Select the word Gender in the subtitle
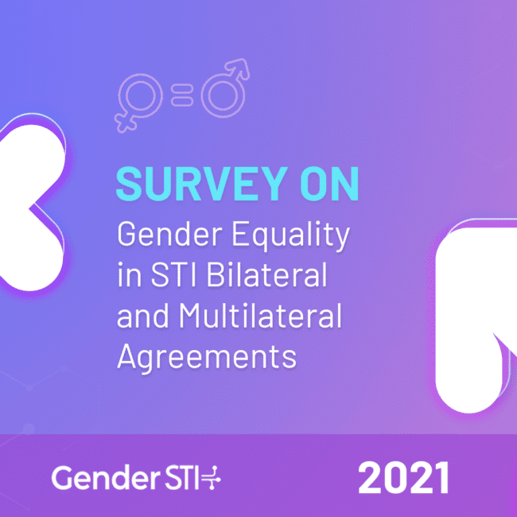click(x=169, y=234)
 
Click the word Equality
click(x=291, y=235)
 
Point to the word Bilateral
click(x=266, y=274)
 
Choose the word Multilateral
click(x=260, y=316)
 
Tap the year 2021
click(x=403, y=478)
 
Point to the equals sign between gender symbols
click(x=181, y=95)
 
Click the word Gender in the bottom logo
click(x=101, y=478)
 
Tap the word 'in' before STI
click(x=130, y=274)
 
